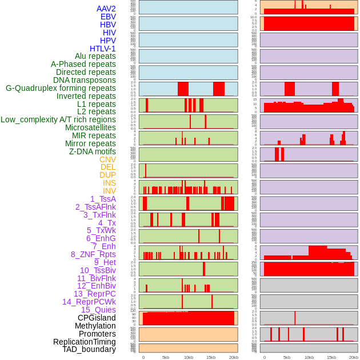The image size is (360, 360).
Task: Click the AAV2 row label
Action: pyautogui.click(x=106, y=9)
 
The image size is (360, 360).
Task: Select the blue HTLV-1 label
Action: pyautogui.click(x=103, y=49)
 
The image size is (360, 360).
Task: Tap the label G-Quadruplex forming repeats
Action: pyautogui.click(x=61, y=88)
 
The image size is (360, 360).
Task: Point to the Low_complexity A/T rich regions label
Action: pyautogui.click(x=58, y=119)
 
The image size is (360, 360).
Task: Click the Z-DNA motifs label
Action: pyautogui.click(x=93, y=151)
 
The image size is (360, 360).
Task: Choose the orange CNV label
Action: pyautogui.click(x=107, y=159)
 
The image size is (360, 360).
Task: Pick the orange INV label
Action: pyautogui.click(x=109, y=191)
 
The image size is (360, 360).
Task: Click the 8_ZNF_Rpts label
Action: pyautogui.click(x=93, y=254)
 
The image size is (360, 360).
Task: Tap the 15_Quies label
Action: pyautogui.click(x=98, y=310)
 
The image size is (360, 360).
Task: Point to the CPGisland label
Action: pyautogui.click(x=97, y=318)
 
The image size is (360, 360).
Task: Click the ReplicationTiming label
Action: pyautogui.click(x=85, y=342)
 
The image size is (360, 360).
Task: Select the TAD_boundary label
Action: pyautogui.click(x=89, y=349)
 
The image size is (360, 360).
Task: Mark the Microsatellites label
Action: pyautogui.click(x=90, y=127)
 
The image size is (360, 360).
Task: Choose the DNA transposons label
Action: pyautogui.click(x=85, y=80)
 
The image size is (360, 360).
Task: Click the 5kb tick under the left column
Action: pyautogui.click(x=166, y=357)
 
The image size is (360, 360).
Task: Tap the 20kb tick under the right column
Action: pyautogui.click(x=354, y=357)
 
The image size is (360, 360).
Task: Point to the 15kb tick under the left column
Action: pyautogui.click(x=211, y=357)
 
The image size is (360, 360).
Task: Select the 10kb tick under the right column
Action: pyautogui.click(x=309, y=357)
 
